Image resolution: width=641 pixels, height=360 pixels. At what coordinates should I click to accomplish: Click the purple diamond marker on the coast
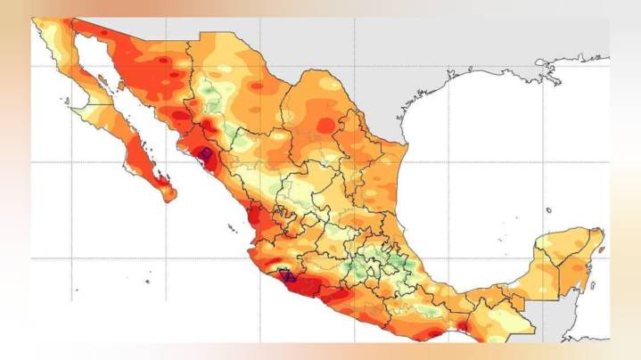(x=204, y=155)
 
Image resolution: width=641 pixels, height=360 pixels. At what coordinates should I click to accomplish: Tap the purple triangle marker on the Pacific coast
(x=286, y=275)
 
